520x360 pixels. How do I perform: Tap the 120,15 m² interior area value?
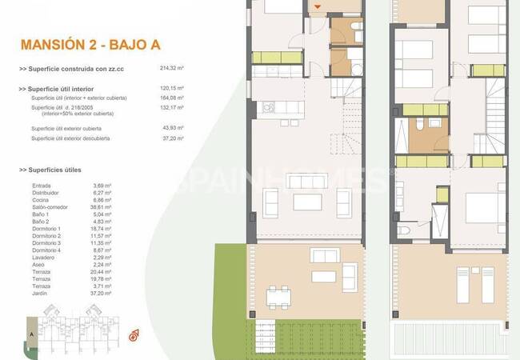click(x=172, y=88)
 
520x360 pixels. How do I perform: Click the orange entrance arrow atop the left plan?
click(x=318, y=8)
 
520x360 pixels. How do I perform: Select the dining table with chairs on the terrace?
click(x=278, y=297)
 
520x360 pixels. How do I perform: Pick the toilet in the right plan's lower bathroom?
click(x=404, y=231)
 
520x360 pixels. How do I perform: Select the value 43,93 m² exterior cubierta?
click(x=172, y=128)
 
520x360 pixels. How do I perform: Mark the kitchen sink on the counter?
click(x=270, y=106)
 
